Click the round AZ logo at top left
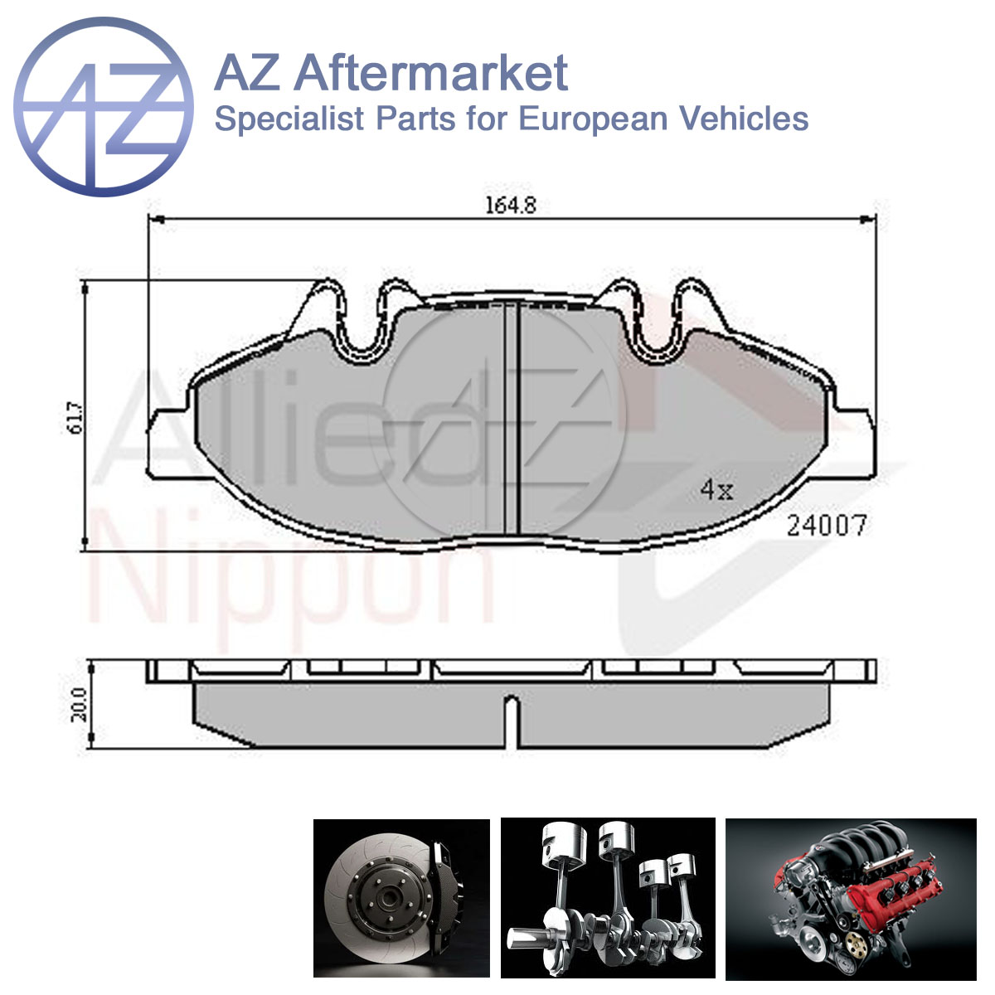(104, 107)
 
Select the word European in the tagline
(592, 119)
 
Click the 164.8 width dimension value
(511, 206)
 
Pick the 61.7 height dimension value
(75, 418)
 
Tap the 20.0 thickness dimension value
(80, 705)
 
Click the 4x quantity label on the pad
(716, 489)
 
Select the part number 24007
(826, 527)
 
